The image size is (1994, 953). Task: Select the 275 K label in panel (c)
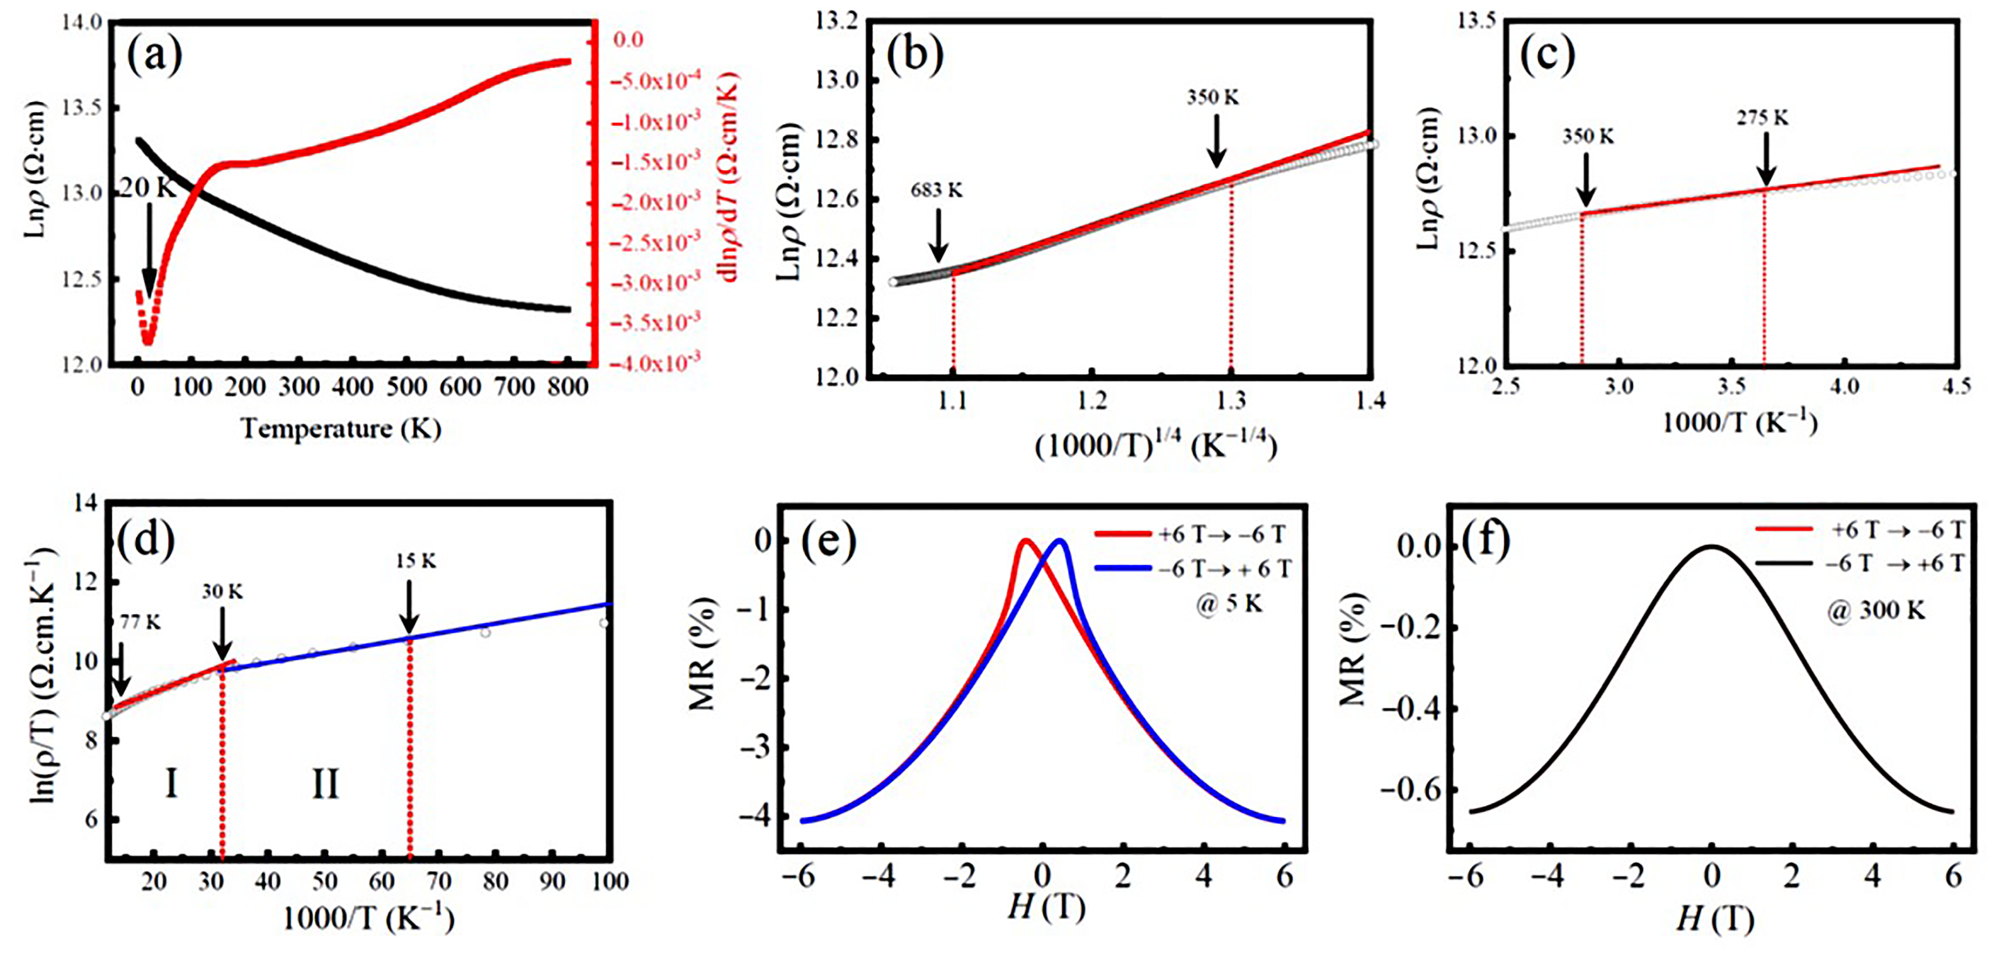[x=1762, y=118]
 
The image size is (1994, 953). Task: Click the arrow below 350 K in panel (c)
[x=1585, y=177]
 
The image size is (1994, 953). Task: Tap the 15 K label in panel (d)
[x=416, y=560]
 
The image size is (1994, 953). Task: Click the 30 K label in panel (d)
[x=222, y=592]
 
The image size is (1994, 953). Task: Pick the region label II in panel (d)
[x=325, y=784]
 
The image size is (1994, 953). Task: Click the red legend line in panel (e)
[x=1123, y=534]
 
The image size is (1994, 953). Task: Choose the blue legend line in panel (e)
[x=1123, y=568]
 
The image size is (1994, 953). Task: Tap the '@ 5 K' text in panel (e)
[x=1229, y=603]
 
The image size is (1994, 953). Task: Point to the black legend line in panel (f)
[x=1782, y=563]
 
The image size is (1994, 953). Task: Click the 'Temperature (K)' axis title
[x=341, y=427]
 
